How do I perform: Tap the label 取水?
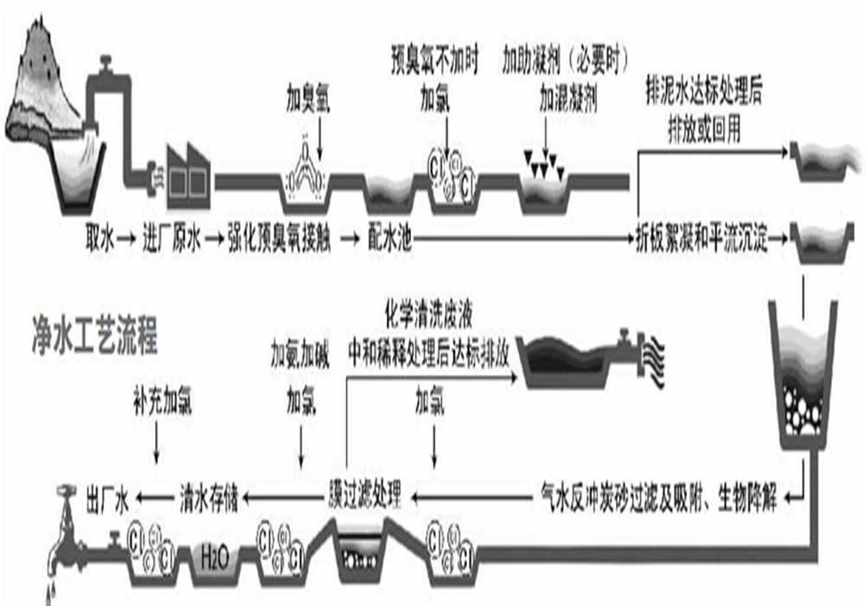coord(99,235)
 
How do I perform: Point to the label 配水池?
coord(389,235)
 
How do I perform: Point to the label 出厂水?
coord(107,497)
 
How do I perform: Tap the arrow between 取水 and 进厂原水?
coord(126,235)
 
